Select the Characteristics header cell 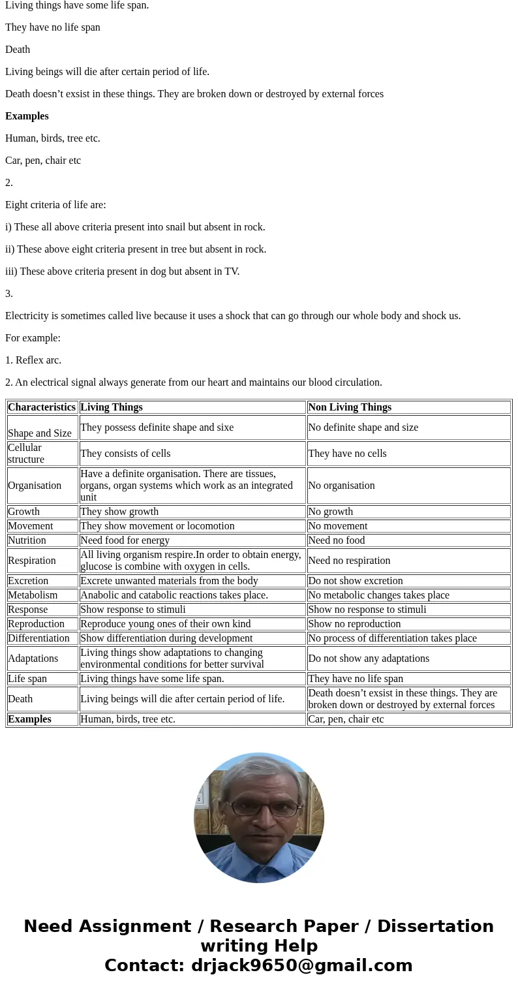click(42, 407)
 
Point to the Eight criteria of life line click(55, 205)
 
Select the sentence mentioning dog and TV click(122, 272)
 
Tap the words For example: click(33, 338)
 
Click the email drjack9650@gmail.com click(301, 965)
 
